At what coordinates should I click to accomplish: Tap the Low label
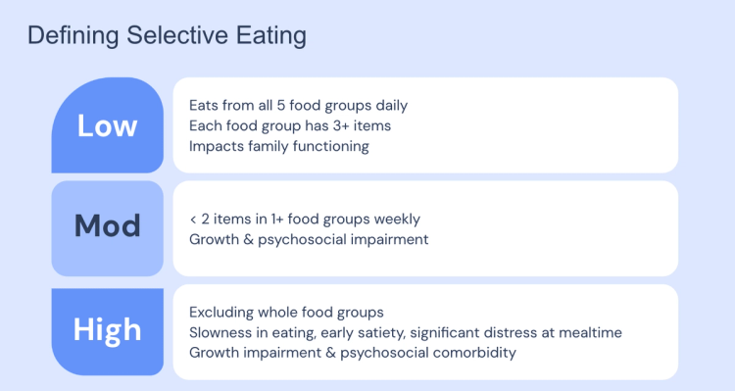coord(107,126)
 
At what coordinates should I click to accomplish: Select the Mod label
coord(107,226)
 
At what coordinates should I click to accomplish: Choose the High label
coord(107,330)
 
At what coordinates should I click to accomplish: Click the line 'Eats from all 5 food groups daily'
coord(298,105)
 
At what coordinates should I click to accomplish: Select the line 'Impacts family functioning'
coord(278,146)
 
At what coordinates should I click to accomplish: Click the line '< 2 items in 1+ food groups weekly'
coord(305,220)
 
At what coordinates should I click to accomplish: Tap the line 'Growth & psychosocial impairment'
coord(309,239)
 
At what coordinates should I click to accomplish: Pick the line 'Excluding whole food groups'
coord(286,313)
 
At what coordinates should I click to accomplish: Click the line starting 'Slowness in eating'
coord(405,332)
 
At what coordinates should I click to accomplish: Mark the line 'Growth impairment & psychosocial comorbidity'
coord(353,352)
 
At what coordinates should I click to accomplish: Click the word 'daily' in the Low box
coord(389,105)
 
